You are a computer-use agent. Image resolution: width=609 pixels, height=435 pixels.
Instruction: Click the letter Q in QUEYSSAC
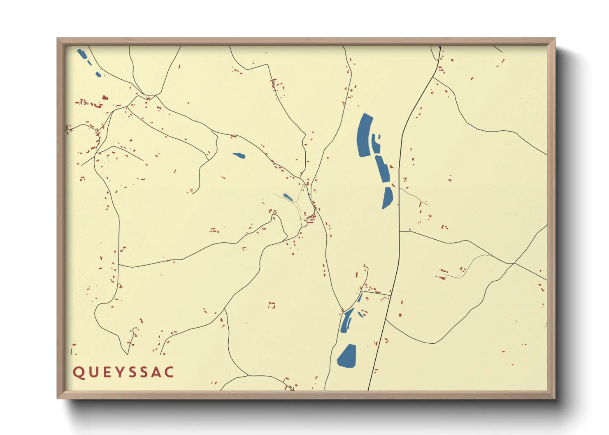78,372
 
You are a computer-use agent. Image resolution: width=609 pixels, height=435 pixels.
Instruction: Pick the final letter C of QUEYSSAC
169,372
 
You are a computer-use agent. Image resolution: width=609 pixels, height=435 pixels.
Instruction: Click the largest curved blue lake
364,135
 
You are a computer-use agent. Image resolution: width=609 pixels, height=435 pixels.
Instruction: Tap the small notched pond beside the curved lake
376,143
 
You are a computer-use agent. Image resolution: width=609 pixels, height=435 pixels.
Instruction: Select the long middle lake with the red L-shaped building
382,169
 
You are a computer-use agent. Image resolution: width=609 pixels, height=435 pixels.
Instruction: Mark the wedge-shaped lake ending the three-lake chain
387,197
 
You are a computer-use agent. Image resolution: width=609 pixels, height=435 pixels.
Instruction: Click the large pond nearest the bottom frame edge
347,356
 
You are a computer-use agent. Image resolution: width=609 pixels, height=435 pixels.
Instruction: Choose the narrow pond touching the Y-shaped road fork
346,321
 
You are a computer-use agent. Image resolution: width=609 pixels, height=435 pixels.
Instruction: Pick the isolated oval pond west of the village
239,155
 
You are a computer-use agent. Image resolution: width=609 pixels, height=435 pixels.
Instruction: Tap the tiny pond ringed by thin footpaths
287,197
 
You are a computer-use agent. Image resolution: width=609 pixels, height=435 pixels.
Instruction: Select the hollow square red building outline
272,305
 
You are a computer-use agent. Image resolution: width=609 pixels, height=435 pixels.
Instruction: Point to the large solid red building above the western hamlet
105,98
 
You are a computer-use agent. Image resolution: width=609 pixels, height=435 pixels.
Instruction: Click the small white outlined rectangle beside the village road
303,187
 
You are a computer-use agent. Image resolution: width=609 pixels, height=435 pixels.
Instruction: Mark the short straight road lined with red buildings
376,292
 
